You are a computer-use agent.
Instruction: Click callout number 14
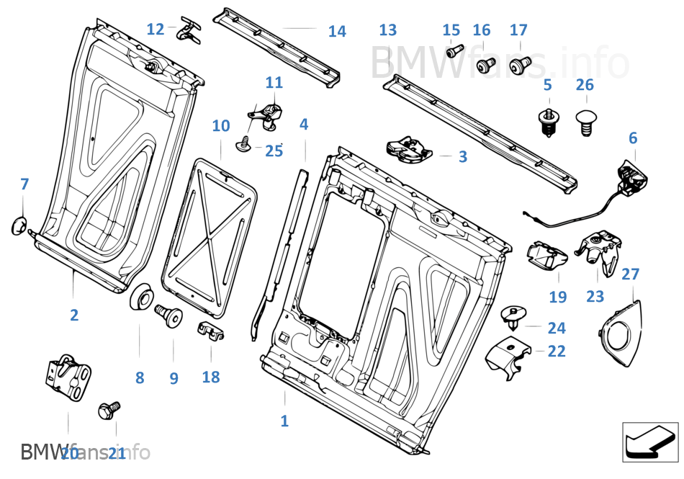point(337,31)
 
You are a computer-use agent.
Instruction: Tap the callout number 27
point(630,274)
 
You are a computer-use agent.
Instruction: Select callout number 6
point(633,138)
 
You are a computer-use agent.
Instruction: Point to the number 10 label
point(221,126)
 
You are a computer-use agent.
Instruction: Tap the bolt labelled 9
point(171,315)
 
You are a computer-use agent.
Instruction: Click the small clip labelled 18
point(210,331)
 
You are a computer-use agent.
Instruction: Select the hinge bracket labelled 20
point(68,375)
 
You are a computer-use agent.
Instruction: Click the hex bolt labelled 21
point(109,411)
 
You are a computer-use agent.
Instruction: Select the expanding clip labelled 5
point(549,122)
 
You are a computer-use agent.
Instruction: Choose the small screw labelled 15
point(454,51)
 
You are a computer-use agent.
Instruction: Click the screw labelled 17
point(518,67)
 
